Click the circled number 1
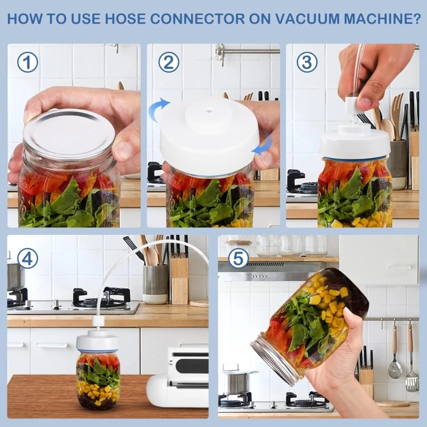click(27, 63)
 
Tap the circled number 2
click(168, 63)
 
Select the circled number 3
click(307, 63)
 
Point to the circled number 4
click(27, 258)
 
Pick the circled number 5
click(239, 258)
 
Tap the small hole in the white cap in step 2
click(209, 113)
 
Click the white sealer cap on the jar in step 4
click(97, 342)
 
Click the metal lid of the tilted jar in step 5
click(273, 358)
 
